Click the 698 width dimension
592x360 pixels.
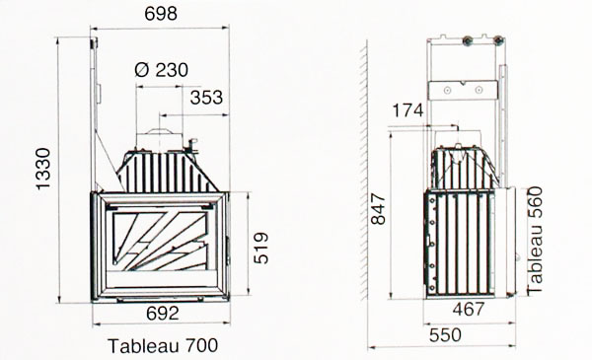[161, 14]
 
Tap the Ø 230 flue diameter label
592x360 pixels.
[161, 70]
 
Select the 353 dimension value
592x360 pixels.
[206, 98]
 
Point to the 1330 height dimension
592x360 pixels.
[43, 169]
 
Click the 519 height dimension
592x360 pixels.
[261, 248]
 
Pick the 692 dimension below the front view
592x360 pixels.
[163, 314]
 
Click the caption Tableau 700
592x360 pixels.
[163, 345]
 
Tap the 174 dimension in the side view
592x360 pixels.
[407, 110]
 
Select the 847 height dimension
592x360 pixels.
[378, 209]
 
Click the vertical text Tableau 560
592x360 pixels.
[535, 240]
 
